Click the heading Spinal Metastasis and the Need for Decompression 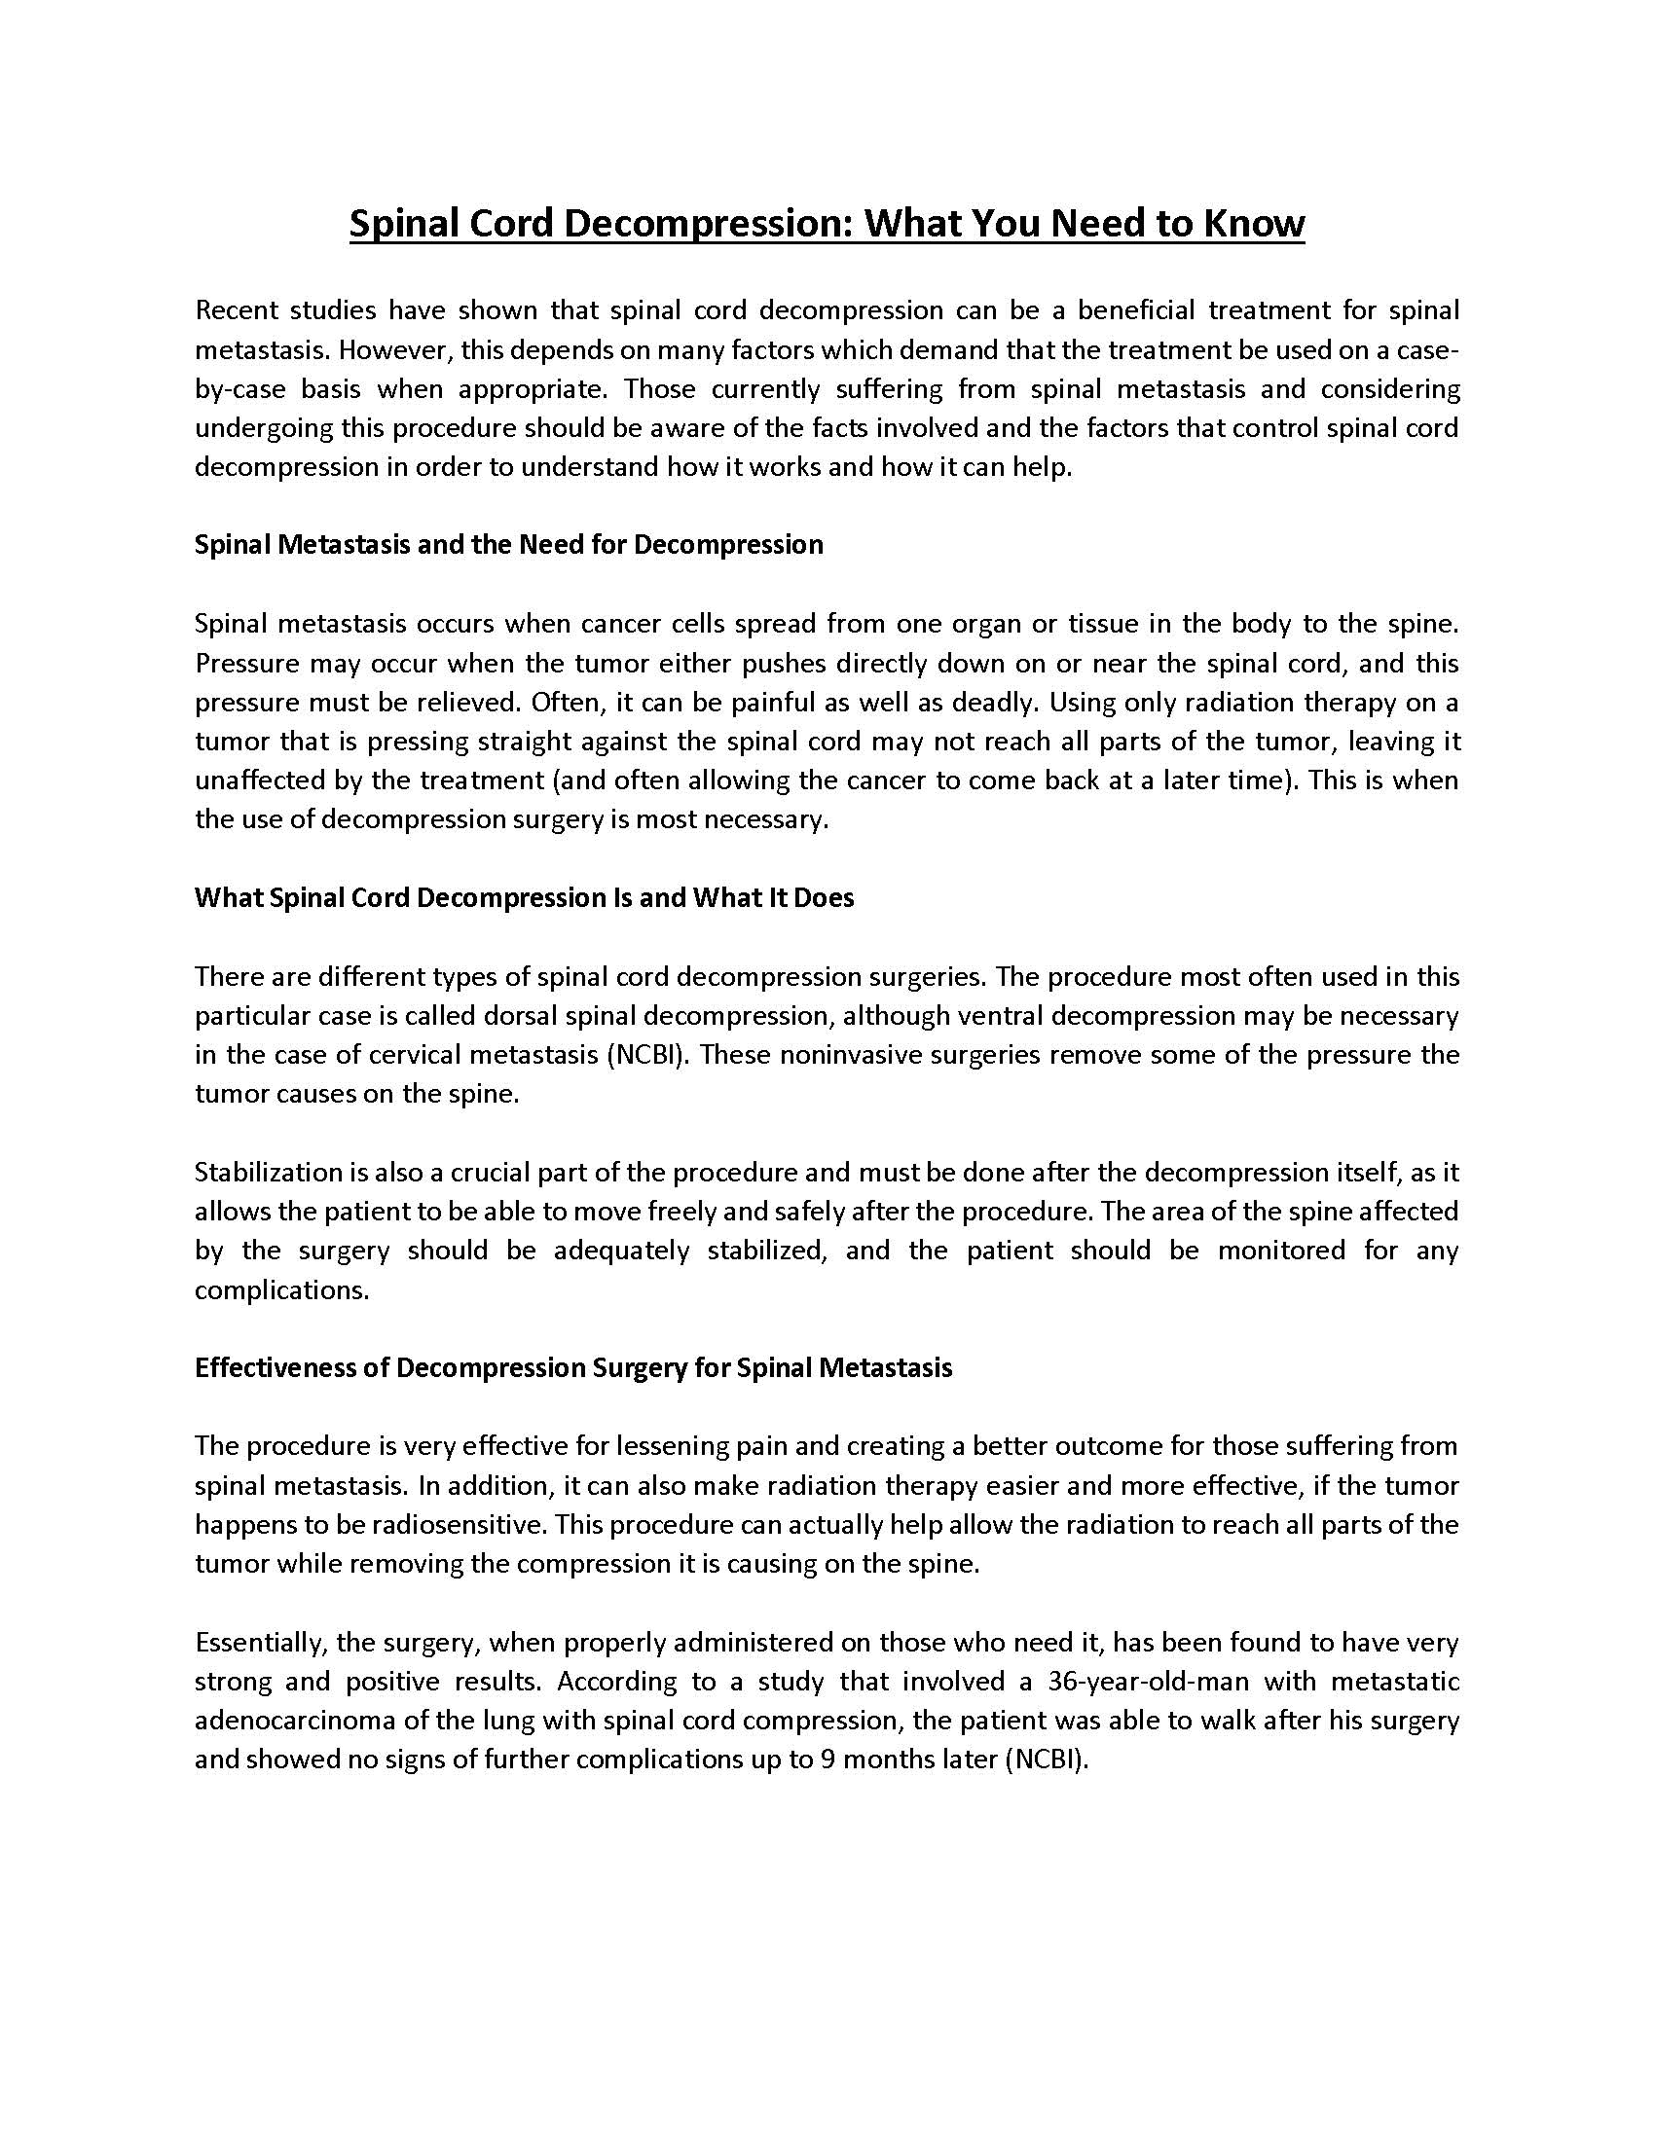tap(509, 545)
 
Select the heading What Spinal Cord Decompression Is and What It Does tap(525, 898)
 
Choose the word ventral tap(996, 1016)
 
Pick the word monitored tap(1281, 1251)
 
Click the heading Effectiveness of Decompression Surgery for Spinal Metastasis tap(573, 1367)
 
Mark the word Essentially tap(258, 1642)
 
